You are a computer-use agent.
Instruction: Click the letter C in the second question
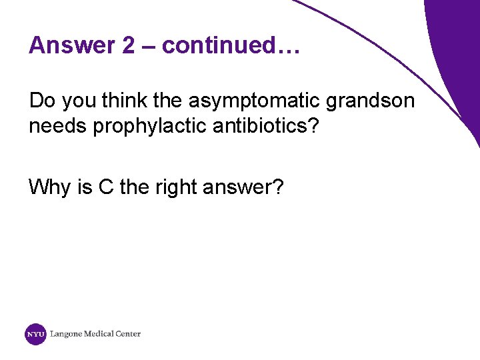tap(106, 187)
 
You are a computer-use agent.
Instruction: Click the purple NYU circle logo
tap(35, 334)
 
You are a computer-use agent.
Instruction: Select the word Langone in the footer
tap(65, 334)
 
